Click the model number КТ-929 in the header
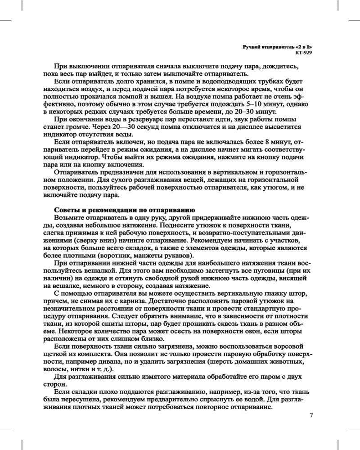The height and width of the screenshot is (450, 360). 303,52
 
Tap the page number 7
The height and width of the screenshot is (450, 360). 310,414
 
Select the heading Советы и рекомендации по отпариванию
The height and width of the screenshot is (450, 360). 124,210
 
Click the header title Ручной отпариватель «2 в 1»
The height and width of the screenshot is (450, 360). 277,46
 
